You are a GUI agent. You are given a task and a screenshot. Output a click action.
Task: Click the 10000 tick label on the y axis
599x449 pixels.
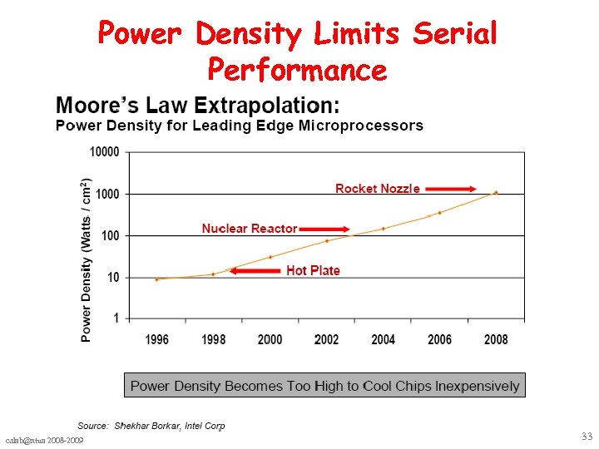tap(104, 152)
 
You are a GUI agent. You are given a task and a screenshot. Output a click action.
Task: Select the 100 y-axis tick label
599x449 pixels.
tap(110, 236)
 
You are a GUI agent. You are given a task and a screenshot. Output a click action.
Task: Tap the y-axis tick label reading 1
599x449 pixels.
tap(116, 318)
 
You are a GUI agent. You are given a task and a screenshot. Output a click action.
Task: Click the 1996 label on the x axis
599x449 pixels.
tap(156, 339)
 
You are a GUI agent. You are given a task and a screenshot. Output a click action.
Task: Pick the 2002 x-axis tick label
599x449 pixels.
tap(326, 339)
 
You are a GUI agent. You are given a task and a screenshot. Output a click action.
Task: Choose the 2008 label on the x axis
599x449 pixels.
tap(496, 339)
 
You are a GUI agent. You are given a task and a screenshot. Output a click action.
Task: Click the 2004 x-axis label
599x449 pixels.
tap(383, 339)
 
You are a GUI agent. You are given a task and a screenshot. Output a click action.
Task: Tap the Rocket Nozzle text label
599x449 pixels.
tap(377, 189)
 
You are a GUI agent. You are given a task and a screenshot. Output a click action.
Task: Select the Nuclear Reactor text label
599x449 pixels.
tap(249, 229)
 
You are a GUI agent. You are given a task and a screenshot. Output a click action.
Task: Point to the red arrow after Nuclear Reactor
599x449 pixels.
tap(325, 229)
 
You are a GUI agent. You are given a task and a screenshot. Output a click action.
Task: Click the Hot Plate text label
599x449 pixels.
tap(313, 270)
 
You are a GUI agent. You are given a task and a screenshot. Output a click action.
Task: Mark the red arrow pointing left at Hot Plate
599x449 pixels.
tap(254, 270)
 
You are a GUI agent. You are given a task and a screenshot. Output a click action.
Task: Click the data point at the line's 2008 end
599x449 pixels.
tap(496, 192)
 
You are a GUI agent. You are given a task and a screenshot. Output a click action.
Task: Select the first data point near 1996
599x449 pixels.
tap(156, 279)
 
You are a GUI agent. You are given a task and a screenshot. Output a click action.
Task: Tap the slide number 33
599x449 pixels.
tap(587, 437)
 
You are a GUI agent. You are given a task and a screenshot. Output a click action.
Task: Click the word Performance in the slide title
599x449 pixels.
tap(297, 69)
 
